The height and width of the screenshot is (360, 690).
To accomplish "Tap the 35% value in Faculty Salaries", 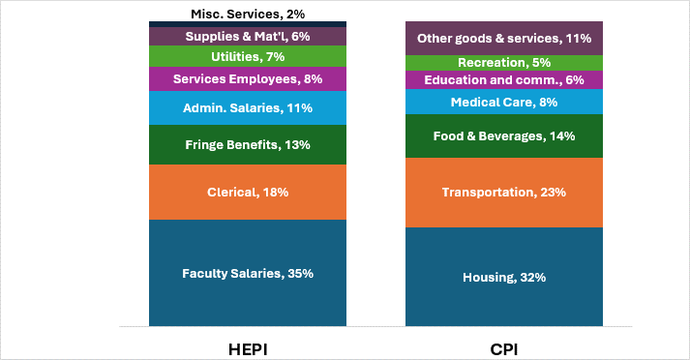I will [299, 273].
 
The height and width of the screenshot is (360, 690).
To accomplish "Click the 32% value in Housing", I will [531, 278].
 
